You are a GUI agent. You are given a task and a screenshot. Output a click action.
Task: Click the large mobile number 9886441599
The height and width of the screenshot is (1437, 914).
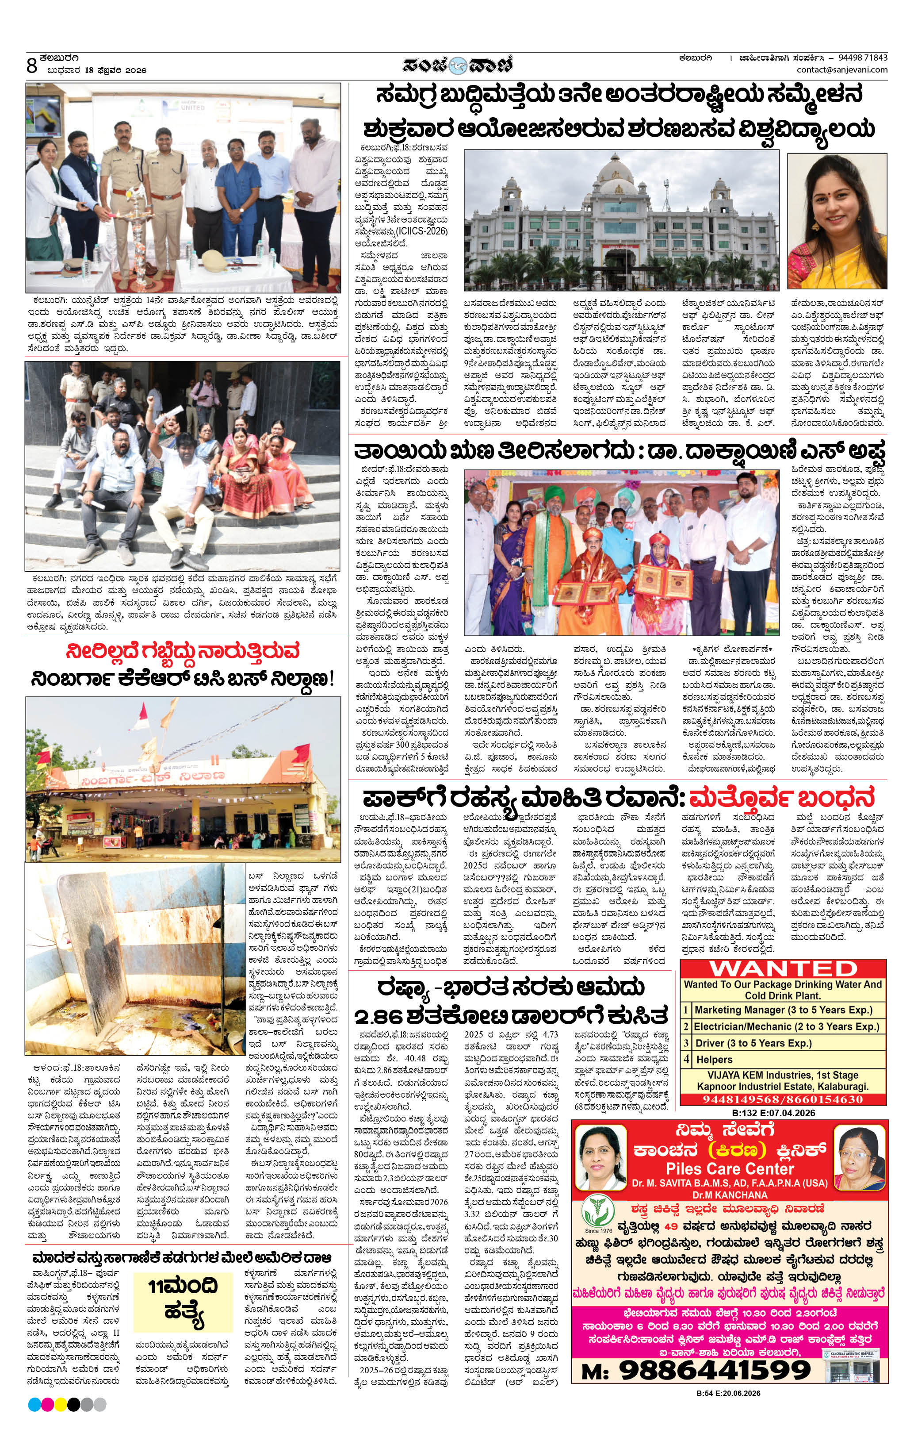pos(714,1370)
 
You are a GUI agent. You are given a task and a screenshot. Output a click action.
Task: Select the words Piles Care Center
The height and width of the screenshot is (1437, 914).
pos(730,1168)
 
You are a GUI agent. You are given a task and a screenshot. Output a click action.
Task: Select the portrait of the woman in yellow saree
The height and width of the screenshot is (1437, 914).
pos(837,221)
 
